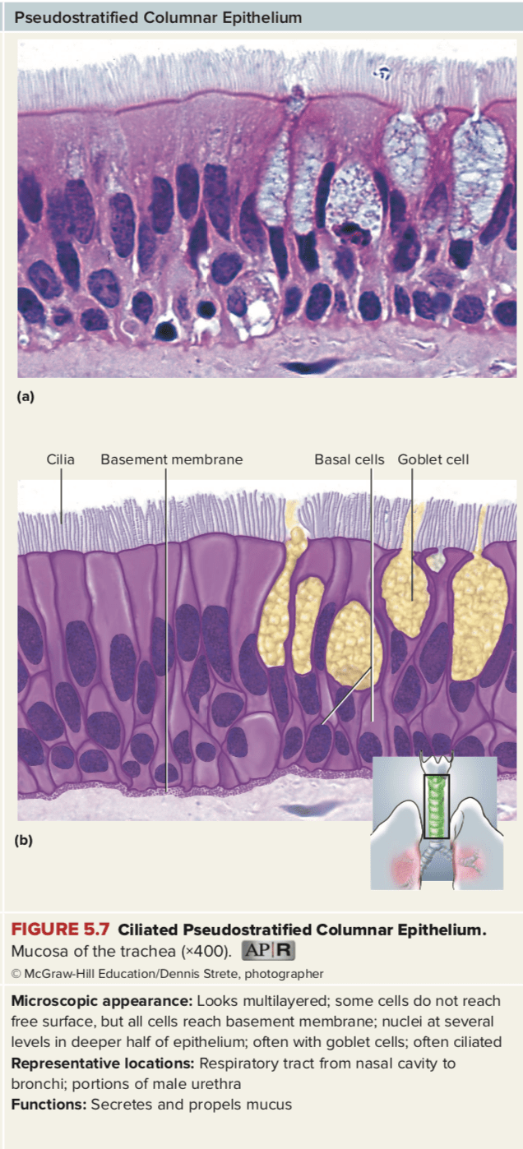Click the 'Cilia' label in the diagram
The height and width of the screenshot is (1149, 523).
tap(60, 459)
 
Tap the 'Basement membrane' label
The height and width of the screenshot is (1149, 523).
tap(171, 459)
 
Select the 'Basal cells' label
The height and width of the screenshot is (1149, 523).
tap(349, 459)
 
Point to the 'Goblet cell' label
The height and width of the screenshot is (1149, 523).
tap(433, 459)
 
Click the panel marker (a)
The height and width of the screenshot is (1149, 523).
tap(25, 396)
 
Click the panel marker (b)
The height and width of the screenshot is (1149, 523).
tap(25, 841)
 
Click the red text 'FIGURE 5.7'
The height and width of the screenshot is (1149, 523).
tap(61, 931)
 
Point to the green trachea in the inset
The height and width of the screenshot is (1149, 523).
tap(437, 805)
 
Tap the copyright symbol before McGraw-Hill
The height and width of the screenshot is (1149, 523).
tap(16, 974)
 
